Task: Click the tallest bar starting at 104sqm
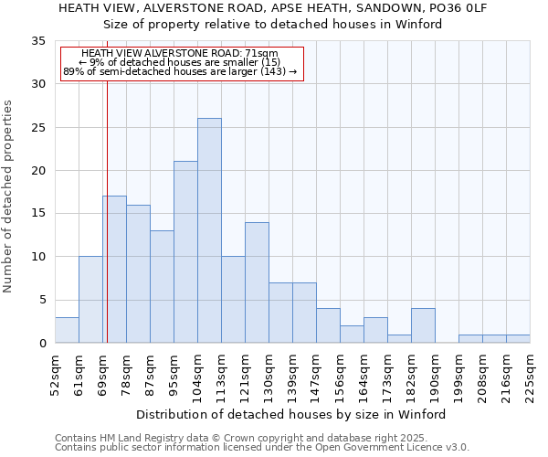point(209,230)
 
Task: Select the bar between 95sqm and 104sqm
point(185,252)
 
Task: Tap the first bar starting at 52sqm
point(67,330)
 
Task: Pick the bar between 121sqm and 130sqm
point(257,282)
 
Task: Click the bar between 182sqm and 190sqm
point(423,325)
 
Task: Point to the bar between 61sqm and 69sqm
point(90,300)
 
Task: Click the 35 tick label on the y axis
point(38,41)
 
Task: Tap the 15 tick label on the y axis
point(38,214)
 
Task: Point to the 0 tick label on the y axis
point(42,344)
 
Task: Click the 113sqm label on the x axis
point(221,372)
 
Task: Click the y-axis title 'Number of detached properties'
point(9,197)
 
